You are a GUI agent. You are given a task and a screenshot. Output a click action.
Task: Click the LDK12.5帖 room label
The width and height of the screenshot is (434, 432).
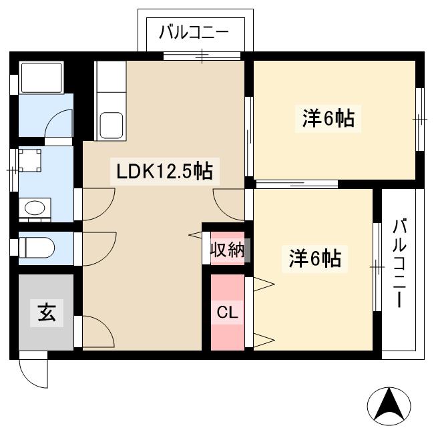[164, 172]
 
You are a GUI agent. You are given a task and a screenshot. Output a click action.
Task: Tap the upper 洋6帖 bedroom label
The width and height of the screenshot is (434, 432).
[327, 120]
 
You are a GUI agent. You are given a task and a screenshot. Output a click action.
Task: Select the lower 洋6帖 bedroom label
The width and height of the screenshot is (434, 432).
[314, 258]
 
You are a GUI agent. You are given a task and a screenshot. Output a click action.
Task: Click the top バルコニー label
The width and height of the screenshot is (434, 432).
[194, 32]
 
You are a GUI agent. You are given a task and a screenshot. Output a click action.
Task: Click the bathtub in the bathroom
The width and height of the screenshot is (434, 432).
[42, 78]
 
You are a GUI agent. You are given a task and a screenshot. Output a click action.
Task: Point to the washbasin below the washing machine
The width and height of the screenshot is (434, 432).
[34, 208]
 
